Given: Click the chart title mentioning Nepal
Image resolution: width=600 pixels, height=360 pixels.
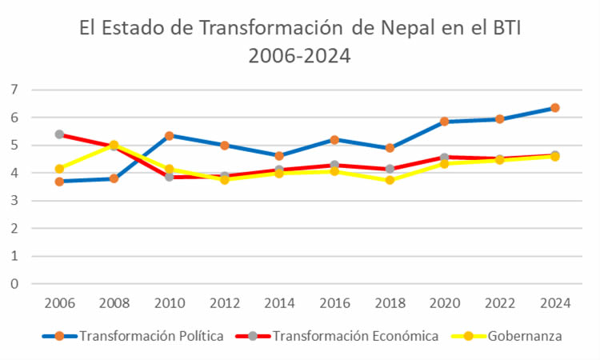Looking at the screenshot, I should pos(300,42).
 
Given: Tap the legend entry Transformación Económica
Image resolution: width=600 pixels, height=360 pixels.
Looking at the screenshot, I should pos(355,336).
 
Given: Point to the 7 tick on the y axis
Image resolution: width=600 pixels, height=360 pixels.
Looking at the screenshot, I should pos(14,90).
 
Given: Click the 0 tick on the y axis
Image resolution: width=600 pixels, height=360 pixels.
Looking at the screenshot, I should pos(14,283).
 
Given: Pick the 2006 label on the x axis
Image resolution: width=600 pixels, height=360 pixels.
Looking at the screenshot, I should pos(59,303).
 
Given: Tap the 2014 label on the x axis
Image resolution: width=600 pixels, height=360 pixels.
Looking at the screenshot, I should pos(279,303).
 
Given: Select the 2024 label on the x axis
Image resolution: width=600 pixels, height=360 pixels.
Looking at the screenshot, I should pos(554,303).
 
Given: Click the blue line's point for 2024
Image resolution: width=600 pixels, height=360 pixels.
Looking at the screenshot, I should pos(554,108).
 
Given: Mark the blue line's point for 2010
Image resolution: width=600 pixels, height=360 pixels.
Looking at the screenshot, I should pos(169,136).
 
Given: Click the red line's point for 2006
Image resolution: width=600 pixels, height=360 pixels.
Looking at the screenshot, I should pos(59,134).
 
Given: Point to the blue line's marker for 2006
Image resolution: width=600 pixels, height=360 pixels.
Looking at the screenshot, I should pos(59,182).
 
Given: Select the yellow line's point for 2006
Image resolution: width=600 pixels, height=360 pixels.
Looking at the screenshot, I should pos(59,169).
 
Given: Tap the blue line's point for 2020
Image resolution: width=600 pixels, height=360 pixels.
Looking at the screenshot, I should pos(444,122).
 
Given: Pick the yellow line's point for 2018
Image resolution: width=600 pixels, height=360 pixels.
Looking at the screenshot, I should pos(390,180).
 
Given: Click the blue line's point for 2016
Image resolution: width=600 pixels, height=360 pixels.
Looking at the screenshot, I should pos(334,140).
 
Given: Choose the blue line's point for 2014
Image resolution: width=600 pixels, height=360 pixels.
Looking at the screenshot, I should pos(279,156).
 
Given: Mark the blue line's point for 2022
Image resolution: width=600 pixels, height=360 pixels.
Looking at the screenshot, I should pos(499,119).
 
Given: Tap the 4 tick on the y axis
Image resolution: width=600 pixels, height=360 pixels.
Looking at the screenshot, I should pos(14,173).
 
